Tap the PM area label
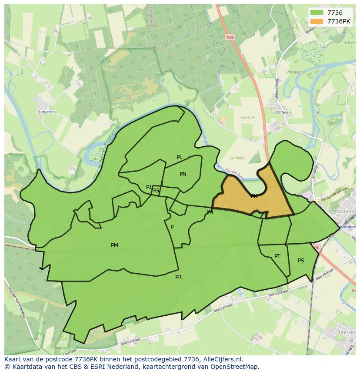point(114,245)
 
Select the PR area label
point(178,277)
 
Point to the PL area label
point(179,157)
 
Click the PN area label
point(183,174)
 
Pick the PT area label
point(277,256)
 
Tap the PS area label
point(301,261)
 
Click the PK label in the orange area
point(254,196)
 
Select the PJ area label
point(149,187)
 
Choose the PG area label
point(156,191)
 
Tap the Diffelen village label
point(283,112)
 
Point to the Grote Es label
point(249,117)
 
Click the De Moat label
point(237,158)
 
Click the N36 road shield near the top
point(230,37)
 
